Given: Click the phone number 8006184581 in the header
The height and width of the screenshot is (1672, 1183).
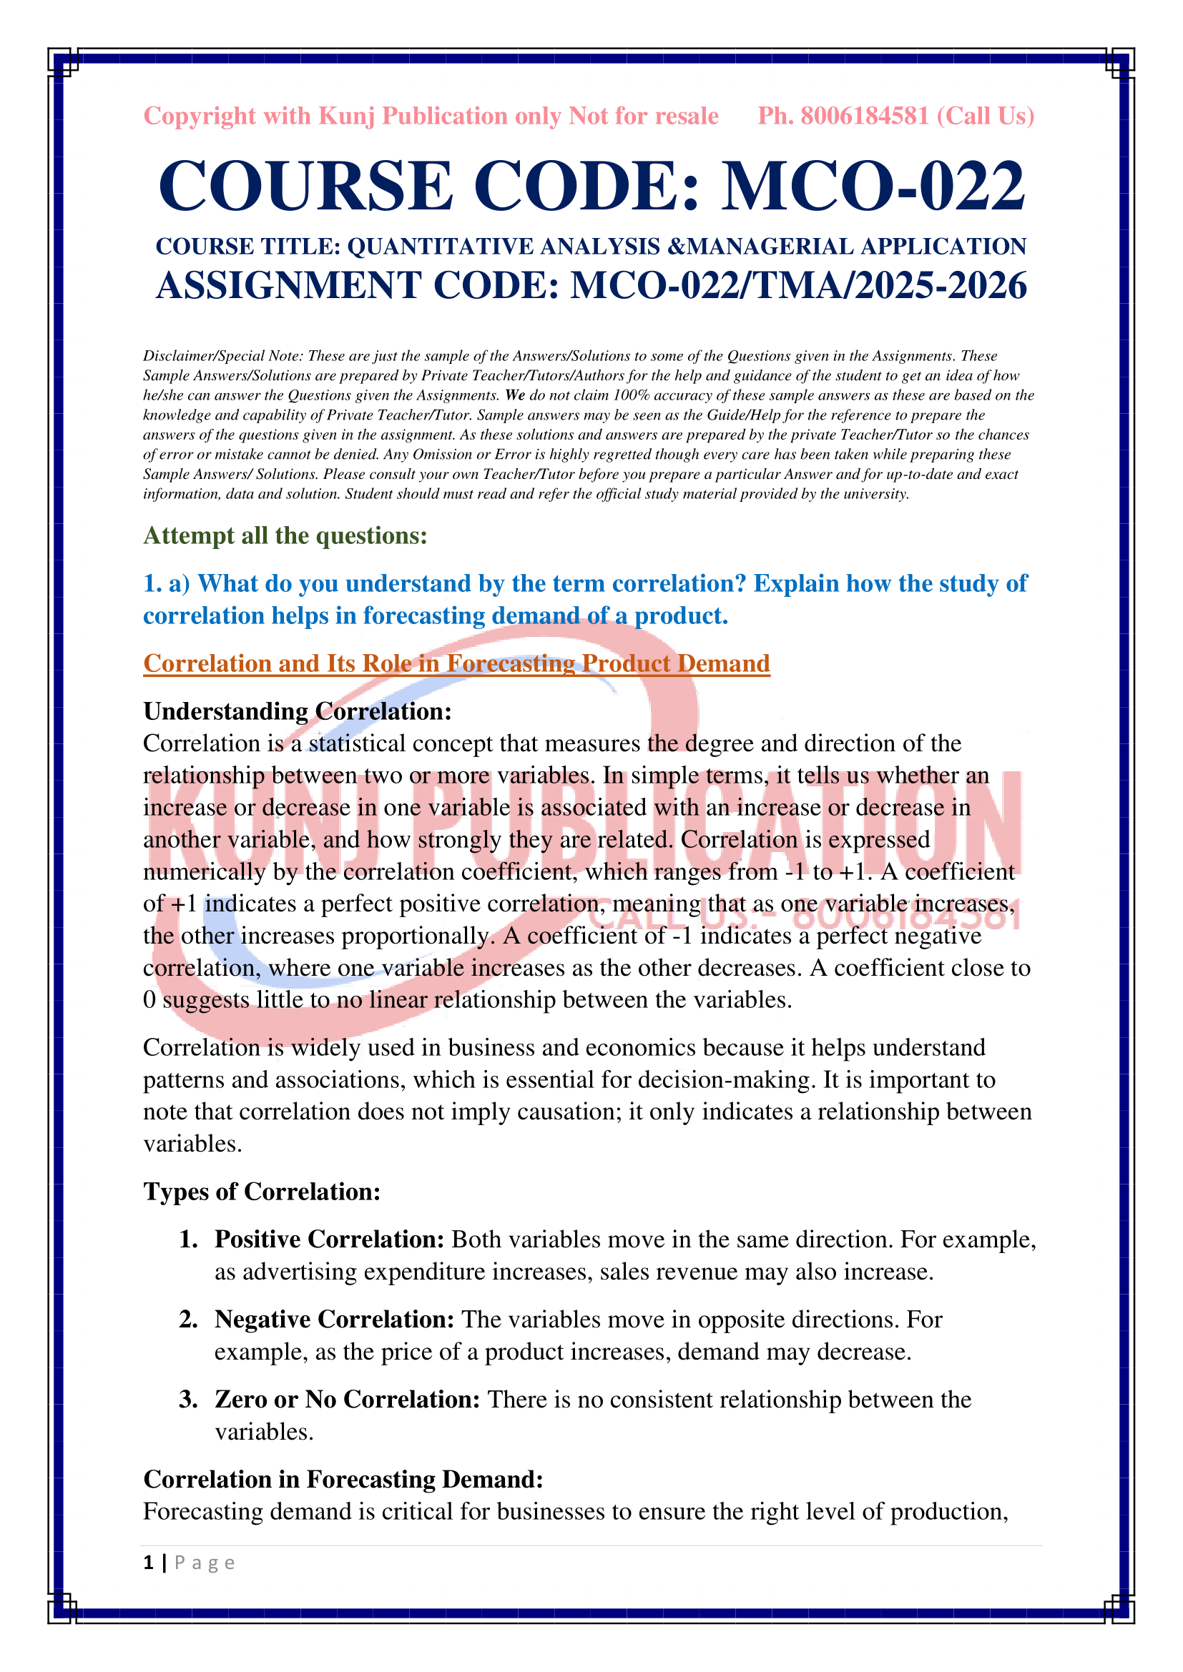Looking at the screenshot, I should pos(865,116).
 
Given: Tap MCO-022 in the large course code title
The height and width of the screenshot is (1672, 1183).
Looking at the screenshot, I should pos(873,187).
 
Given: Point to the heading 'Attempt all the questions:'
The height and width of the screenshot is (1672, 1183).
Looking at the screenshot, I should pos(285,535).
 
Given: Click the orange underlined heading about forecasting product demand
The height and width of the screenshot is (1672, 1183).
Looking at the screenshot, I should pos(456,663).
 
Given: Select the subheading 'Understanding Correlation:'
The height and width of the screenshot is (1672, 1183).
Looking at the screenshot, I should pos(298,711).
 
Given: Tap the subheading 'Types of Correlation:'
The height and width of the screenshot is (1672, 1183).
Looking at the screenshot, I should pos(262,1192).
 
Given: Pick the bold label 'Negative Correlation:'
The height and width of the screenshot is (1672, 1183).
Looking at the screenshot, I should pos(334,1320).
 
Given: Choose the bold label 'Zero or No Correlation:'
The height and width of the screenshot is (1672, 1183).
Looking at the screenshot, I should pos(347,1400).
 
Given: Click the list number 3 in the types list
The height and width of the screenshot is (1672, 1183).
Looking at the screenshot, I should pos(188,1400).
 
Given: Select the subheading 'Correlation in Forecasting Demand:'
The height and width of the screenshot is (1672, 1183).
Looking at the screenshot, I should pos(343,1480).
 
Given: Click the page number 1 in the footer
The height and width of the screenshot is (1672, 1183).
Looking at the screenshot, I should pos(149,1563).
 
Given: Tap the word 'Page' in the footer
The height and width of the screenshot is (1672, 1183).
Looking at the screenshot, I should pos(205,1563).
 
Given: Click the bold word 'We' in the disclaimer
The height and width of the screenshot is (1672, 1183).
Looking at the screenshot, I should pos(515,395).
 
